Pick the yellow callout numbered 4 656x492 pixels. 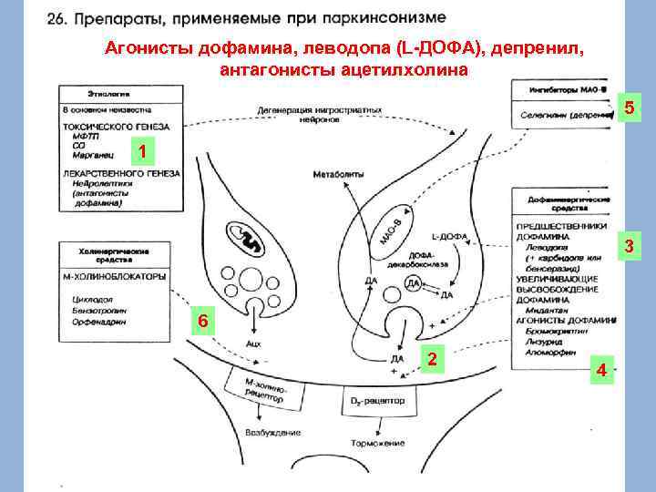[600, 370]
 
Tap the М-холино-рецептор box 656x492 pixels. [263, 389]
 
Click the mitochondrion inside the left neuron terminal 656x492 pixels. [247, 239]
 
